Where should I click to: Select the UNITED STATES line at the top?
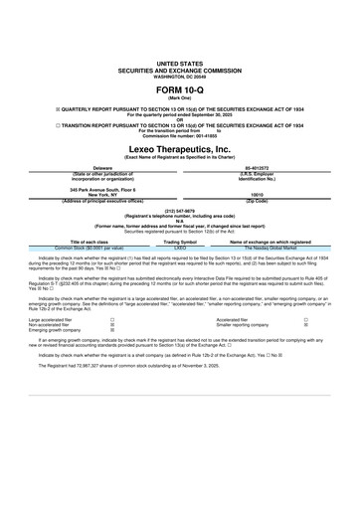click(x=179, y=62)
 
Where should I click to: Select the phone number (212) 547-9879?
click(x=179, y=212)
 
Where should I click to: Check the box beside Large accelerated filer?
click(x=111, y=319)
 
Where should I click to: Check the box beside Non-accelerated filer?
click(x=111, y=324)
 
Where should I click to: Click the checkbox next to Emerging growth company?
click(x=111, y=330)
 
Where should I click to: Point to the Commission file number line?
click(x=179, y=134)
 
